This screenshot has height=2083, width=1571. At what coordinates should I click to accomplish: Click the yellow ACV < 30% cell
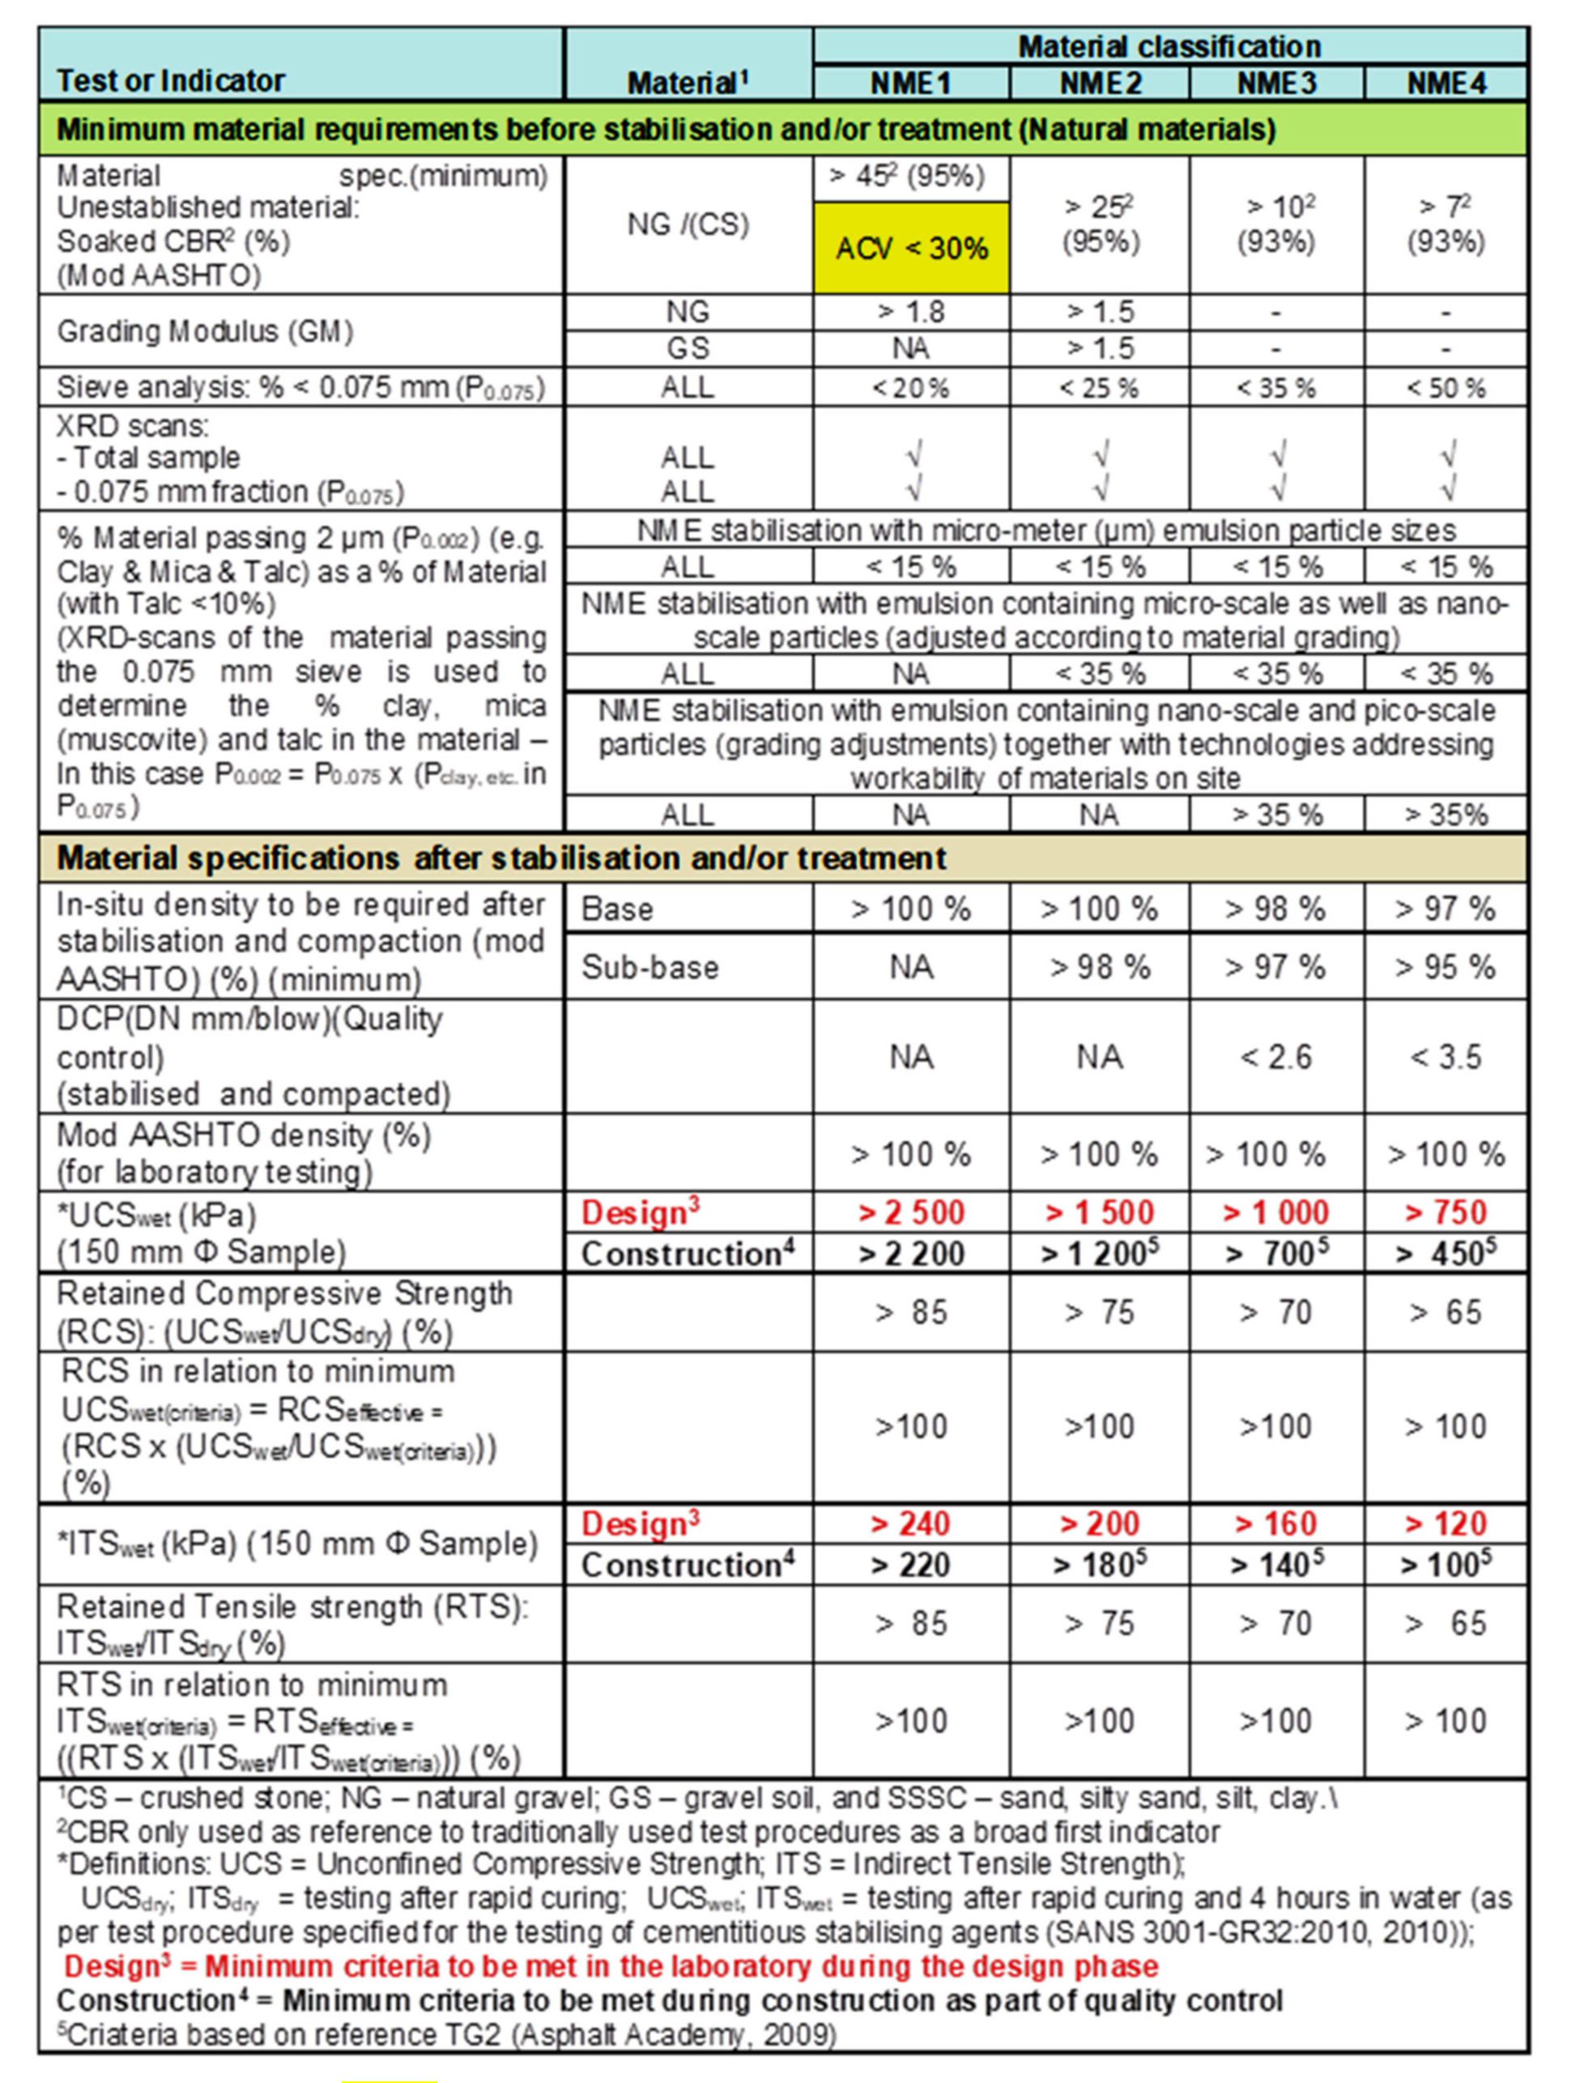coord(911,248)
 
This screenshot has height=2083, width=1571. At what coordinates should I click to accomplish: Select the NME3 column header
coord(1276,83)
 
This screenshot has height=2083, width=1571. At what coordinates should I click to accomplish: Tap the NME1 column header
coord(911,83)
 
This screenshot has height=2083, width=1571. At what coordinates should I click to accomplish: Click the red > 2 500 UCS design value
coord(911,1212)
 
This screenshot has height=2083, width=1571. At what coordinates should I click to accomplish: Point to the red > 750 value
coord(1445,1212)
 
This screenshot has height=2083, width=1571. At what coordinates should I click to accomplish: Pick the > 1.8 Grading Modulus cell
coord(911,312)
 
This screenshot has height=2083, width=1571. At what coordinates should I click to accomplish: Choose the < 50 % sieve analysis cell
coord(1445,387)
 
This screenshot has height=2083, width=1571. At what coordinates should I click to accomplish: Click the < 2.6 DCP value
coord(1276,1057)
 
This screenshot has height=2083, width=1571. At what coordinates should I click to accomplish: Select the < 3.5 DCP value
coord(1445,1057)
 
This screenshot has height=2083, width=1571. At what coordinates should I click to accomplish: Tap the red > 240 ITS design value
coord(911,1523)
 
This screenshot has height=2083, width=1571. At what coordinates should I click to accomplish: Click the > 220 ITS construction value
coord(911,1565)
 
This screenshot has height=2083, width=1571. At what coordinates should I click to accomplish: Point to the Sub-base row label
coord(650,967)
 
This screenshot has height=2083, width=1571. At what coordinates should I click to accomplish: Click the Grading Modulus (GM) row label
coord(206,331)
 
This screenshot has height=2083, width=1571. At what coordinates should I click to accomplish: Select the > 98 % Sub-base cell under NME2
coord(1099,967)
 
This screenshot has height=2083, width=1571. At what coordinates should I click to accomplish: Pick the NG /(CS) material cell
coord(688,224)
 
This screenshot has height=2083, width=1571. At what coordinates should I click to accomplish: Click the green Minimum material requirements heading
coord(666,129)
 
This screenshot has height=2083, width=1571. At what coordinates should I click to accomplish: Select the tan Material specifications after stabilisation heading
coord(501,858)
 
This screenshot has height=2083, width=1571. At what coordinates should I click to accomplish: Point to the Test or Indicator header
coord(171,81)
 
